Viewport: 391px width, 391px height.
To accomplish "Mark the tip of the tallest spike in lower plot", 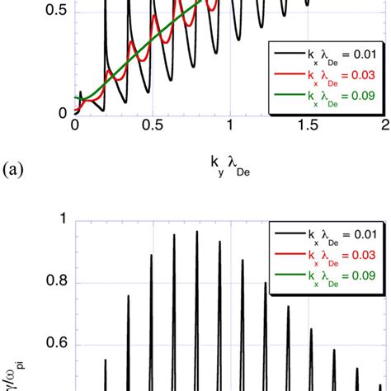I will tap(196, 232).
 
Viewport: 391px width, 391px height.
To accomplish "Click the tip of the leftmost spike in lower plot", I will tap(106, 359).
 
